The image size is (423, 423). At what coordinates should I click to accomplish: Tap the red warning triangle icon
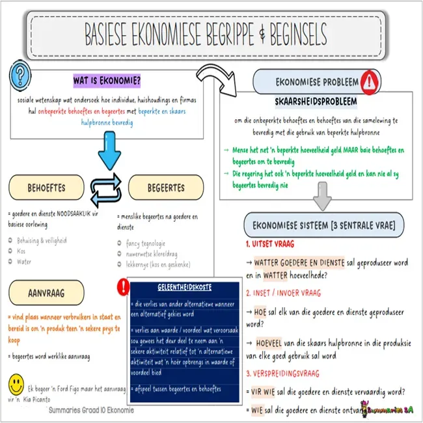370,81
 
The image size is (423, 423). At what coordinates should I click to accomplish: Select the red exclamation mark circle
122,287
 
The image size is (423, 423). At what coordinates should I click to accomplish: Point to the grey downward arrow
320,196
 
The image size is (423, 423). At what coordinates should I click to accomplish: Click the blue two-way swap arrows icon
107,187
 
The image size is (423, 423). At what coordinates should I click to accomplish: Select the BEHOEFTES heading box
46,187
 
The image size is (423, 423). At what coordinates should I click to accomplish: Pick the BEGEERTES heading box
165,187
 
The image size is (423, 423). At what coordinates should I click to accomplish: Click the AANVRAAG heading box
46,293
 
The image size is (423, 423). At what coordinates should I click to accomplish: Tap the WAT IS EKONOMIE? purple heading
107,81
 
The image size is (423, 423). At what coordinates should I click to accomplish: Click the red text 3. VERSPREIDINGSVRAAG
282,374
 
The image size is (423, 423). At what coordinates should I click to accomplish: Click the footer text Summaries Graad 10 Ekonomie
91,411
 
